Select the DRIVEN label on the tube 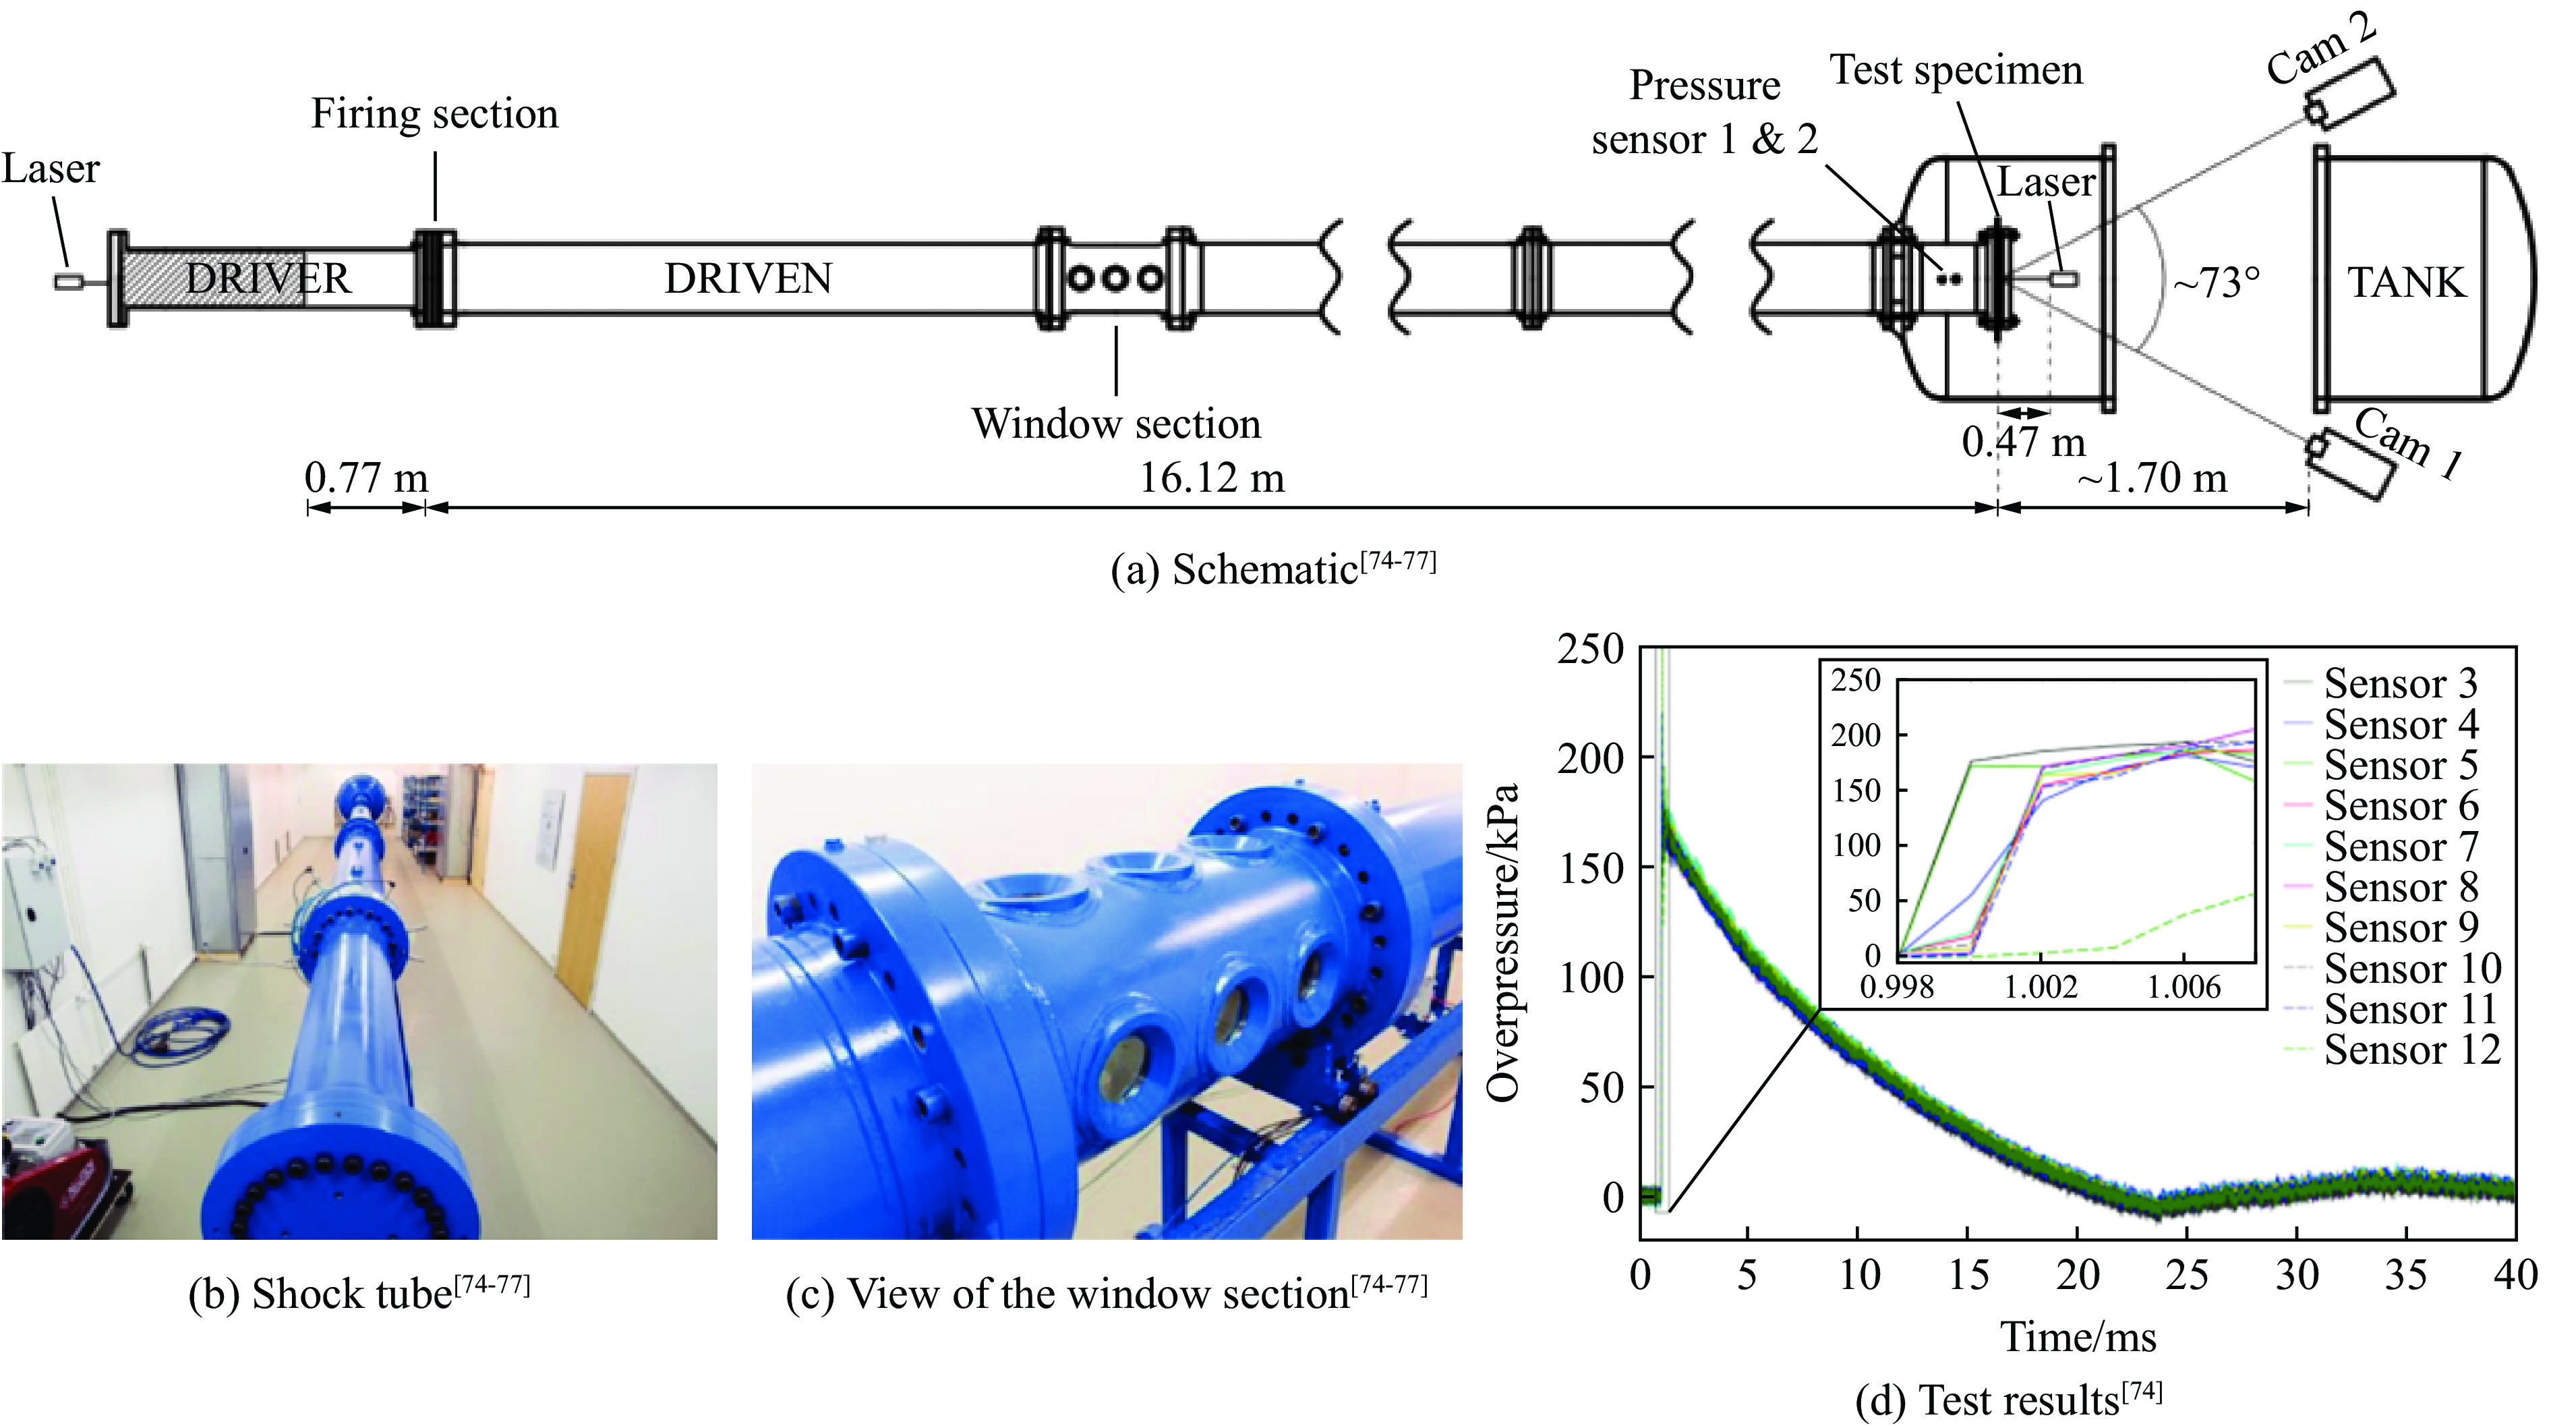tap(748, 279)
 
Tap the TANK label tap(2407, 283)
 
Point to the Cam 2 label tap(2320, 49)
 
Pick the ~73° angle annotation tap(2217, 284)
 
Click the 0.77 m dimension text tap(366, 479)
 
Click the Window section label tap(1116, 424)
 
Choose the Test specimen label tap(1956, 70)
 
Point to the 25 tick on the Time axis tap(2187, 1275)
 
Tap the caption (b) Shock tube tap(358, 1293)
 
